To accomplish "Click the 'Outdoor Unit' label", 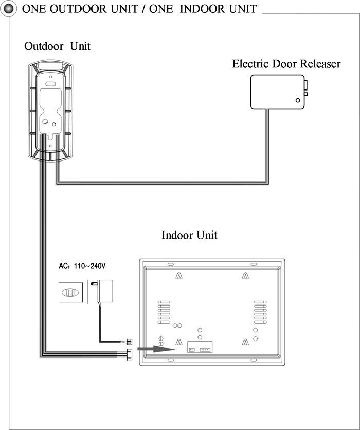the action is pos(57,46).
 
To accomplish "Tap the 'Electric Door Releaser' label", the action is pos(286,64).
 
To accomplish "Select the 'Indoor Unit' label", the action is pos(189,235).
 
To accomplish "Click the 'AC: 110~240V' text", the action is pos(82,266).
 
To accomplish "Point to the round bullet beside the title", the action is pos(8,9).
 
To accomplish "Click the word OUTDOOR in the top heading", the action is pos(94,9).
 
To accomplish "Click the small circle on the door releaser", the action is pos(298,100).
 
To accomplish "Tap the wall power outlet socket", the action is pos(70,293).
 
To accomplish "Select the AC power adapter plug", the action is pos(103,291).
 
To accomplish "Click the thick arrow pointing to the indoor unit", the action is pos(156,349).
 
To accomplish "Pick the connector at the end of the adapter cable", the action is pos(129,342).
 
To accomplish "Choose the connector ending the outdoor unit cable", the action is pos(129,354).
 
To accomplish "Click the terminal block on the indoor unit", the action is pos(200,347).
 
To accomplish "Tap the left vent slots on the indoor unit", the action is pos(164,312).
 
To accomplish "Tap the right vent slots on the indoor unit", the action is pos(260,312).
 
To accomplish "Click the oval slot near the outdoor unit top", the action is pos(51,84).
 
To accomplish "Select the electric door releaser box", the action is pos(279,92).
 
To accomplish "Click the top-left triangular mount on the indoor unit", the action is pos(179,275).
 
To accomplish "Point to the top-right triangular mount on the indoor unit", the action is pos(245,275).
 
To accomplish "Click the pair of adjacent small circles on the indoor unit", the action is pos(177,326).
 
